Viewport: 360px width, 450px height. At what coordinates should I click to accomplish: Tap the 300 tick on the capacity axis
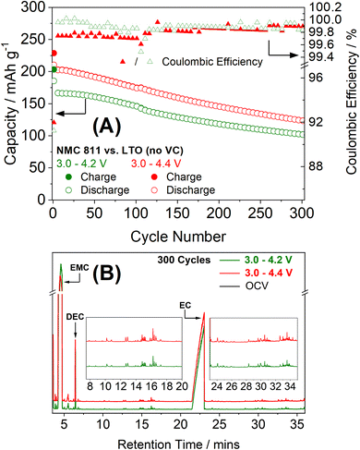pos(34,7)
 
